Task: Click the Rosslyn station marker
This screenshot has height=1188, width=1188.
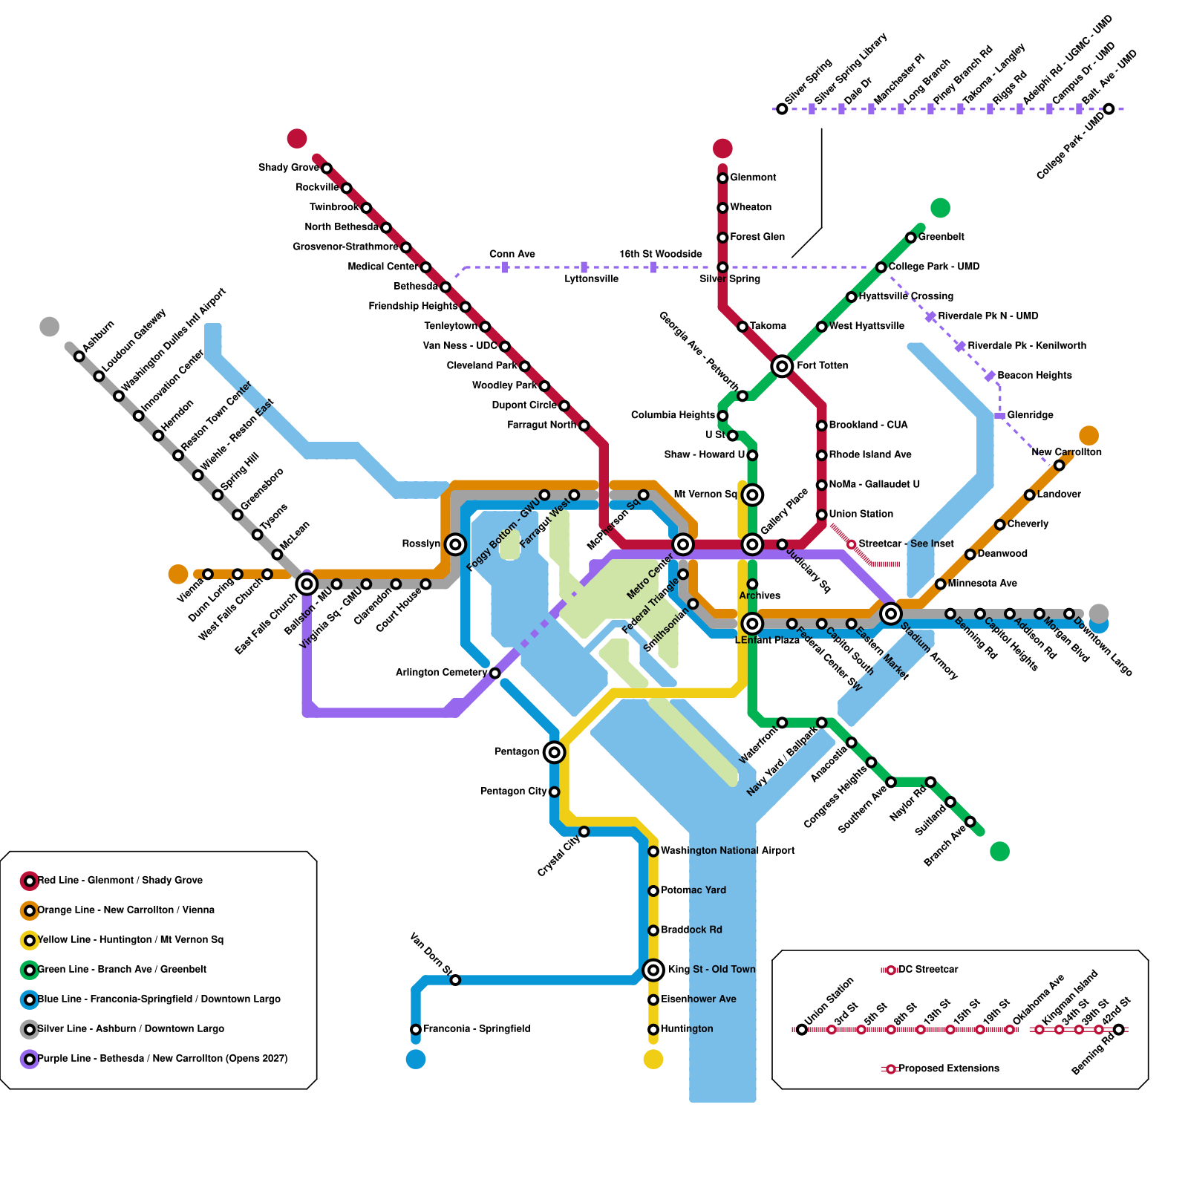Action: click(x=455, y=544)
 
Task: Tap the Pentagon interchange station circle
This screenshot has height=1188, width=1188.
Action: click(x=554, y=752)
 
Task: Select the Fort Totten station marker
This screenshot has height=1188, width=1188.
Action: click(x=781, y=366)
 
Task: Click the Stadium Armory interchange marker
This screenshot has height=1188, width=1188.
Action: click(x=890, y=613)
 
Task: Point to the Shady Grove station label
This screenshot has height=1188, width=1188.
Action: click(x=289, y=168)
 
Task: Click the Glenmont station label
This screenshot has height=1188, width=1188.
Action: click(x=753, y=177)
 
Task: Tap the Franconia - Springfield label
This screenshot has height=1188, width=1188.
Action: click(x=477, y=1029)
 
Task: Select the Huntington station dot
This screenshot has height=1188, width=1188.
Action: click(x=653, y=1029)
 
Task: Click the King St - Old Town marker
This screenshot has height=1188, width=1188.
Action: click(x=653, y=970)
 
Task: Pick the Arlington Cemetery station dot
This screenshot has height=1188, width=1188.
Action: click(x=495, y=673)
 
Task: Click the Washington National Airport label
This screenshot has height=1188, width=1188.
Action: click(x=728, y=851)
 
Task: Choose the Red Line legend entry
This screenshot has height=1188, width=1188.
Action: click(x=120, y=881)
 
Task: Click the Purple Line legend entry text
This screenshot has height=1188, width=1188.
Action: click(x=163, y=1059)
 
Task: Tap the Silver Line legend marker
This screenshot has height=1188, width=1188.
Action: click(x=30, y=1029)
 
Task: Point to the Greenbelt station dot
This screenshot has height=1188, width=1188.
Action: click(x=910, y=238)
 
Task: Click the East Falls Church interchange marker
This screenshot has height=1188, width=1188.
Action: click(x=307, y=584)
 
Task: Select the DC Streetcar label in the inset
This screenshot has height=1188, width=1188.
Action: click(x=928, y=970)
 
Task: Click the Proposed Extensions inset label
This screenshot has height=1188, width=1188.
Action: click(x=948, y=1068)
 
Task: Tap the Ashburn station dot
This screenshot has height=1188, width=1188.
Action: click(x=79, y=356)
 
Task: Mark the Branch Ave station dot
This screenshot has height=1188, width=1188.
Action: click(x=970, y=821)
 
